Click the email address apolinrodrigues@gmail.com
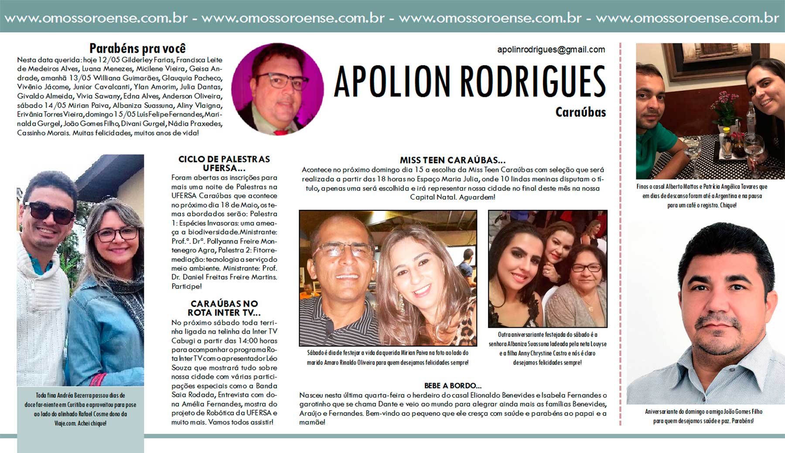click(x=551, y=50)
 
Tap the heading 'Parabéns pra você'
click(x=137, y=48)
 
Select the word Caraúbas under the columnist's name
click(x=580, y=112)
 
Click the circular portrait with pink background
click(x=277, y=89)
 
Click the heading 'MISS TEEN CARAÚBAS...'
click(x=453, y=160)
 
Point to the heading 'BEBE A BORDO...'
click(x=453, y=386)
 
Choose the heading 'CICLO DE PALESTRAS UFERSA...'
click(x=224, y=164)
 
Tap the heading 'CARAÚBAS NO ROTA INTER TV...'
click(x=224, y=308)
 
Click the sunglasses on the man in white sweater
click(x=49, y=213)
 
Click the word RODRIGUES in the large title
click(x=533, y=82)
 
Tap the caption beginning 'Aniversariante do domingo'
click(x=703, y=416)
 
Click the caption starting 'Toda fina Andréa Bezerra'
click(x=80, y=409)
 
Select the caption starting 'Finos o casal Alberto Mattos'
click(x=702, y=196)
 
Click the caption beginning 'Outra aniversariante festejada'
click(x=547, y=348)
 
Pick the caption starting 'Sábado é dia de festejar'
click(x=388, y=357)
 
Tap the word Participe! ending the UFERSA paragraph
click(x=187, y=287)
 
